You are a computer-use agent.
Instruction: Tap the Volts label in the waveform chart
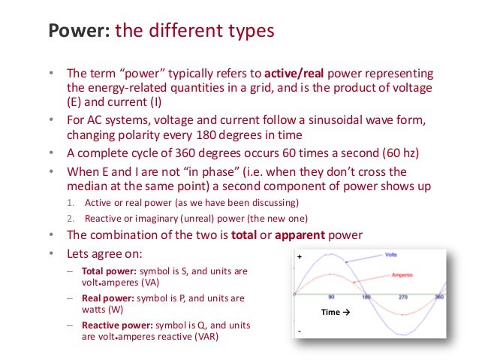tap(391, 255)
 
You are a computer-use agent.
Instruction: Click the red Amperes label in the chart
tap(402, 275)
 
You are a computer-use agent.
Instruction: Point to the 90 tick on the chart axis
tap(330, 298)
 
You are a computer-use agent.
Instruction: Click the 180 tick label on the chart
tap(366, 298)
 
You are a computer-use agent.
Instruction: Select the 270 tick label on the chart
tap(402, 298)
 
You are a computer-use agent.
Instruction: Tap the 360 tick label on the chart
tap(439, 298)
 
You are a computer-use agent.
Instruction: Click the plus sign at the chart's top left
tap(299, 257)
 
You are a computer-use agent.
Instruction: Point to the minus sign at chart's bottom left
tap(299, 331)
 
